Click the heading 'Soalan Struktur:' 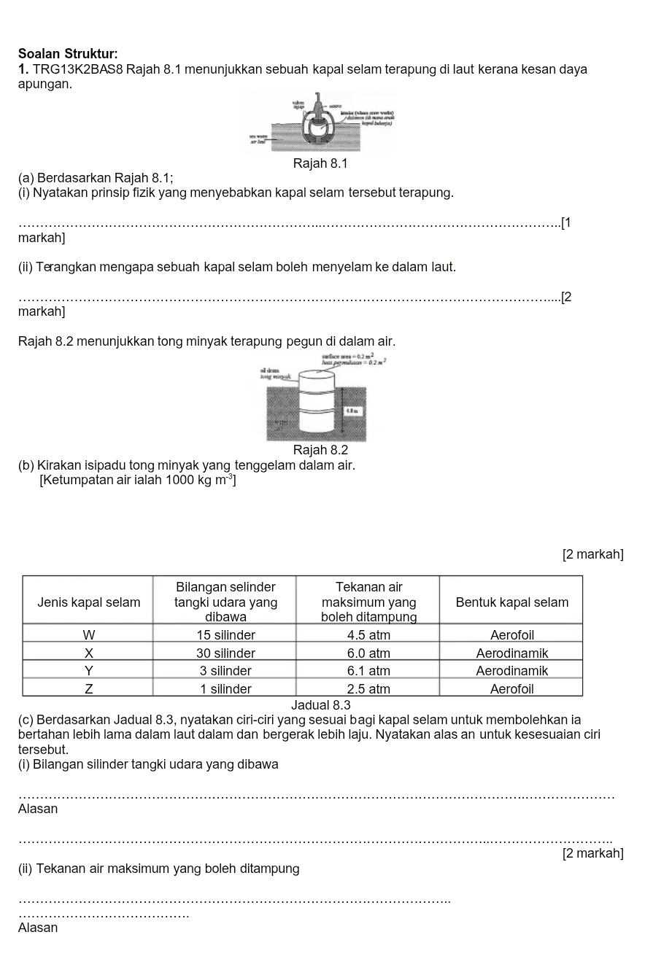tap(68, 54)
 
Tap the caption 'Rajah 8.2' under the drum tap(320, 450)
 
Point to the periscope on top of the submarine tap(318, 101)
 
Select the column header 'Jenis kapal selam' tap(88, 602)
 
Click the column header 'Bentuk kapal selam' tap(511, 602)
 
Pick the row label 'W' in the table tap(88, 634)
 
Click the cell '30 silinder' tap(225, 653)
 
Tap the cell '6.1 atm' tap(368, 670)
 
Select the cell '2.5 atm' tap(368, 688)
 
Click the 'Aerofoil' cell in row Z tap(511, 688)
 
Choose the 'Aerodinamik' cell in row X tap(511, 653)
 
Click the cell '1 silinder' tap(225, 688)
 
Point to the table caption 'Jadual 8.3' tap(320, 705)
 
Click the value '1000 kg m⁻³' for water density tap(199, 480)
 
